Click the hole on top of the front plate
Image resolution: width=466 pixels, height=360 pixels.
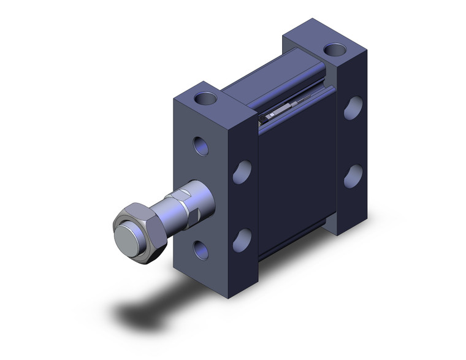(x=205, y=98)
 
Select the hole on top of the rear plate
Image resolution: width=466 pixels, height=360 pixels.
(x=334, y=50)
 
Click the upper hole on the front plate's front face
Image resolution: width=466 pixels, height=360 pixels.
(x=201, y=145)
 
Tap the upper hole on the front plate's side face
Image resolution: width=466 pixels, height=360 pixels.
(x=242, y=171)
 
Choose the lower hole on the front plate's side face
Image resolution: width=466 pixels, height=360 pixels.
(x=242, y=240)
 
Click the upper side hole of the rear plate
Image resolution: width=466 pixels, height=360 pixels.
(x=353, y=107)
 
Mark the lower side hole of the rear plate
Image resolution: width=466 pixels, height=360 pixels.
(x=353, y=175)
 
